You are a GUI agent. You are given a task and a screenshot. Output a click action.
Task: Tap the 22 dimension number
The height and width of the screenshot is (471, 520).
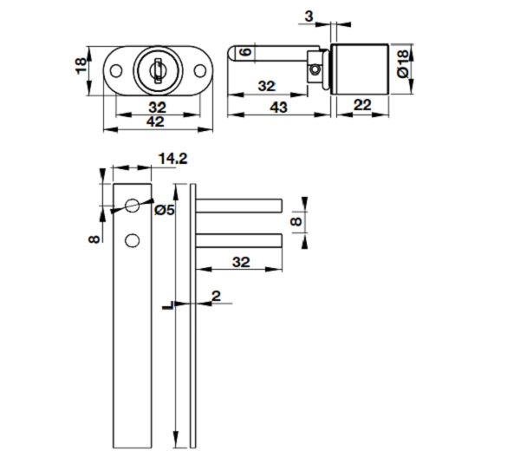[x=363, y=104]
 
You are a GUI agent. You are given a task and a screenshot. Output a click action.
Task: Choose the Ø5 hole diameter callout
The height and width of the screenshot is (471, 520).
[x=164, y=210]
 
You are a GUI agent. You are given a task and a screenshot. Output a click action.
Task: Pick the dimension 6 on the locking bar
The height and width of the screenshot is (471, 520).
[x=245, y=54]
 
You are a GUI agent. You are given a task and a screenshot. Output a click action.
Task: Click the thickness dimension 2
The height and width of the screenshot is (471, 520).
[x=216, y=297]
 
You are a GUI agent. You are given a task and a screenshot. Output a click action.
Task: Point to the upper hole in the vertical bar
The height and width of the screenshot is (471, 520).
[x=132, y=206]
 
